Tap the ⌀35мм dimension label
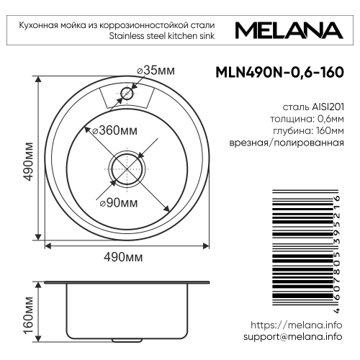tap(156, 70)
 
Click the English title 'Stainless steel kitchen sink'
tap(173, 35)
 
